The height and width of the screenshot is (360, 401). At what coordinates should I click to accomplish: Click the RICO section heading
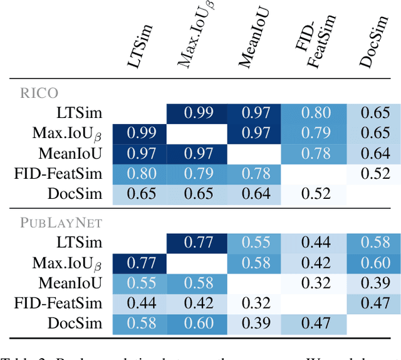click(x=38, y=93)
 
